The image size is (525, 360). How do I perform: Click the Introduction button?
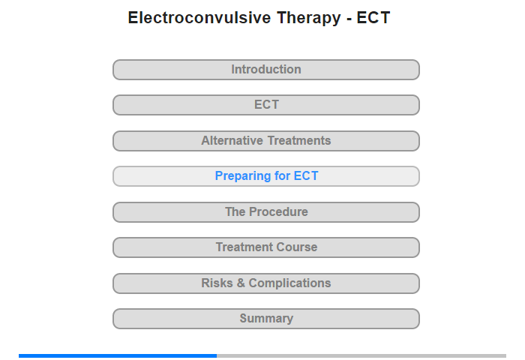266,70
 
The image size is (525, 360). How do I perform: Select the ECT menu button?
266,105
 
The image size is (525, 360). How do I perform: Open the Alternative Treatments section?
266,141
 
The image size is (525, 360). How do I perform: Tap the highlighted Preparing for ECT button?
266,176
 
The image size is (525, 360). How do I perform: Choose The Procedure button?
266,212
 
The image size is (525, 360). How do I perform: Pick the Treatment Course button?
266,247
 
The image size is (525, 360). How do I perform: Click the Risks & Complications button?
266,283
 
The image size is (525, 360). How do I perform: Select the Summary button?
266,319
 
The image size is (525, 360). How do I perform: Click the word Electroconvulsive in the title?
199,17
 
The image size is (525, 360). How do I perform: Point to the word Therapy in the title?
309,19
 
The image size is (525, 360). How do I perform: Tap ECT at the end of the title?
373,17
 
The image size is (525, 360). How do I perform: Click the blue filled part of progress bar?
118,355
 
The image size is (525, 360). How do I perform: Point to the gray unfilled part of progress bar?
361,355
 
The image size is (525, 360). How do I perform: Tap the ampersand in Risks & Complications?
241,283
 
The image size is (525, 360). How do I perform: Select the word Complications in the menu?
289,283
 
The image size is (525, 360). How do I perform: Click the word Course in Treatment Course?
297,247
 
